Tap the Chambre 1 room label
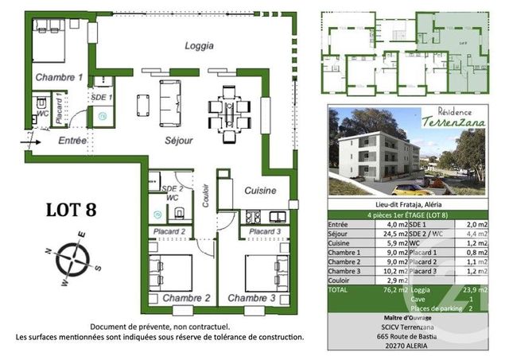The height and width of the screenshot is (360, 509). click(x=58, y=78)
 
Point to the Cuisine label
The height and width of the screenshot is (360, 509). click(x=260, y=191)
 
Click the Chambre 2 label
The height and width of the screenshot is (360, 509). click(x=185, y=298)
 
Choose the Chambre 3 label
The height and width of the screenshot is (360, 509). click(x=251, y=298)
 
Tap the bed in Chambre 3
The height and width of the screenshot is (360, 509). click(x=260, y=272)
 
